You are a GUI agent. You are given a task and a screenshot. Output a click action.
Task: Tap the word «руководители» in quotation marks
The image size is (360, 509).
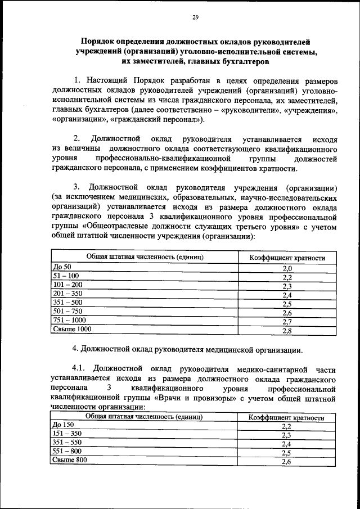(x=248, y=110)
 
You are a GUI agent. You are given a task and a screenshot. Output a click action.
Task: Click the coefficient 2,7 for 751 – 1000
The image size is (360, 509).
(x=287, y=322)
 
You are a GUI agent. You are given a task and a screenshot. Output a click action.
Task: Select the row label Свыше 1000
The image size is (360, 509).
(x=71, y=328)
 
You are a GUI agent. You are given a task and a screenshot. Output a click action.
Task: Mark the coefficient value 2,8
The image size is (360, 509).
(x=287, y=331)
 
